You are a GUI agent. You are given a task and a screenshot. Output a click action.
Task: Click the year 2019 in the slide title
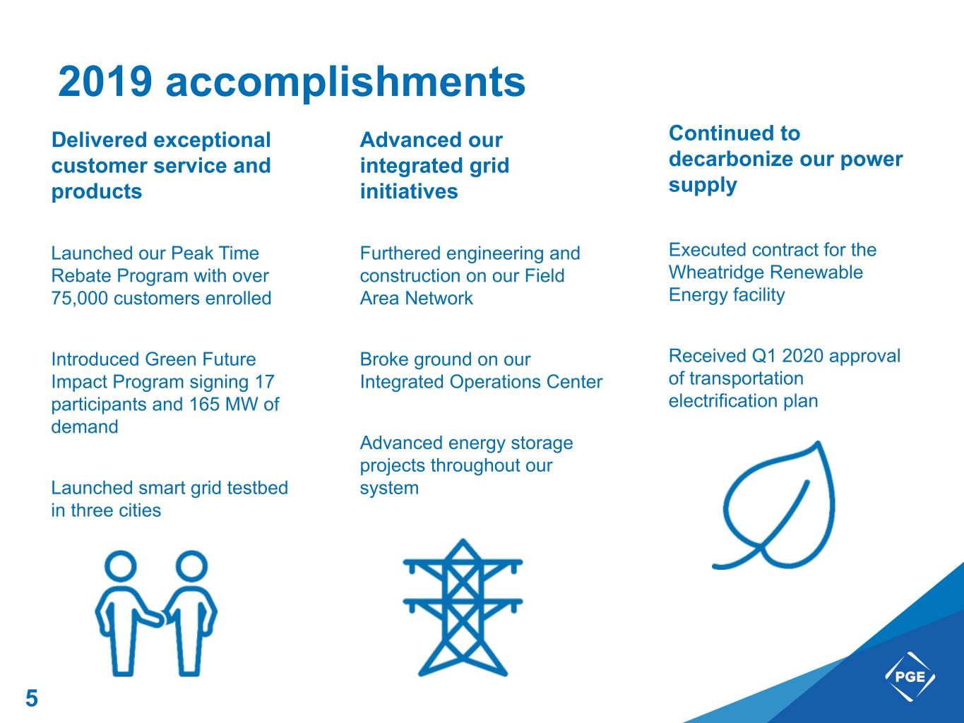point(105,81)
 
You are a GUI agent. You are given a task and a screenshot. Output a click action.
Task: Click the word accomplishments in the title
point(345,83)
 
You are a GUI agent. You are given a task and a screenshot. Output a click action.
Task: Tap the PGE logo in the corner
point(910,676)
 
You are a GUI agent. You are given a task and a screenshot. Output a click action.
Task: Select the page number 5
point(32,698)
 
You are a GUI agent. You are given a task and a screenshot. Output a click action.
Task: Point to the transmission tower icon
point(463,607)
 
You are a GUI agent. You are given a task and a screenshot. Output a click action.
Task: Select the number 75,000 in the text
point(80,299)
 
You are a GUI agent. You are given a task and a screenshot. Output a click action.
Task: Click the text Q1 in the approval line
point(764,356)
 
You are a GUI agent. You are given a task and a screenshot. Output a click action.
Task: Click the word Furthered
point(400,253)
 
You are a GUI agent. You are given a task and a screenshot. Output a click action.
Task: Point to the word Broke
point(384,359)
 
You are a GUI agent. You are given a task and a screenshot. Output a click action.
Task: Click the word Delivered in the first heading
point(100,140)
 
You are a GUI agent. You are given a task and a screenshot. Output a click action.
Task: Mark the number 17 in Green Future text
point(265,382)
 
